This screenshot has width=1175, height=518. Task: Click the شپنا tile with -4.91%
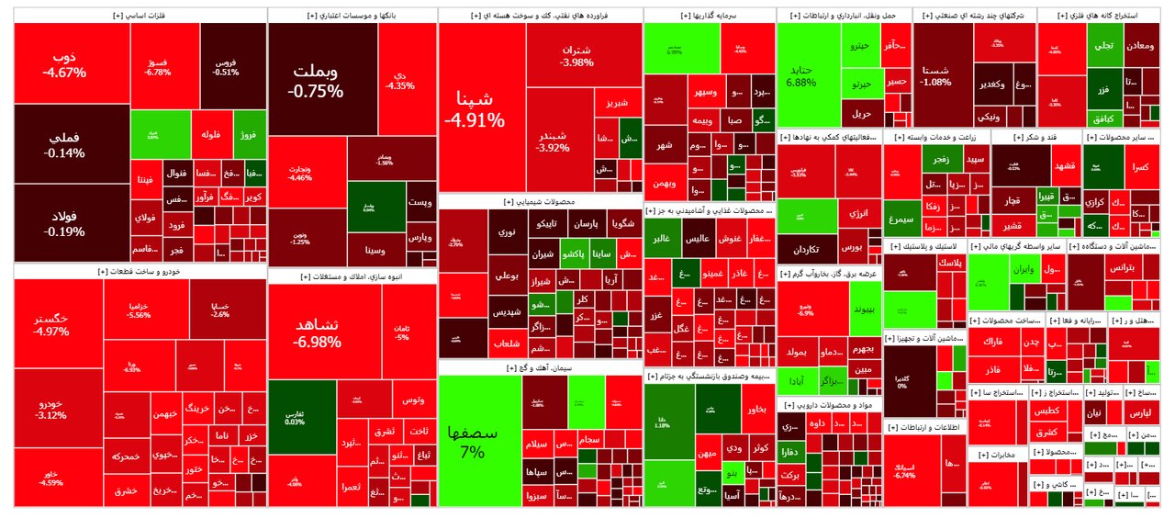474,108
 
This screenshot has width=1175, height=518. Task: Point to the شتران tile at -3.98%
576,55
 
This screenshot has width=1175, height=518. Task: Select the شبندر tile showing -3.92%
559,141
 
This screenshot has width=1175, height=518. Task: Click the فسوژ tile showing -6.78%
158,66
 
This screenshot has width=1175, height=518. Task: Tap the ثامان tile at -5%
401,332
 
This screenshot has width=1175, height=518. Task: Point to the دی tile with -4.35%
400,80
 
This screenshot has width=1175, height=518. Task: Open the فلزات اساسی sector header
139,16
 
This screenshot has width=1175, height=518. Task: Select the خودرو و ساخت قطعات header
139,272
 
